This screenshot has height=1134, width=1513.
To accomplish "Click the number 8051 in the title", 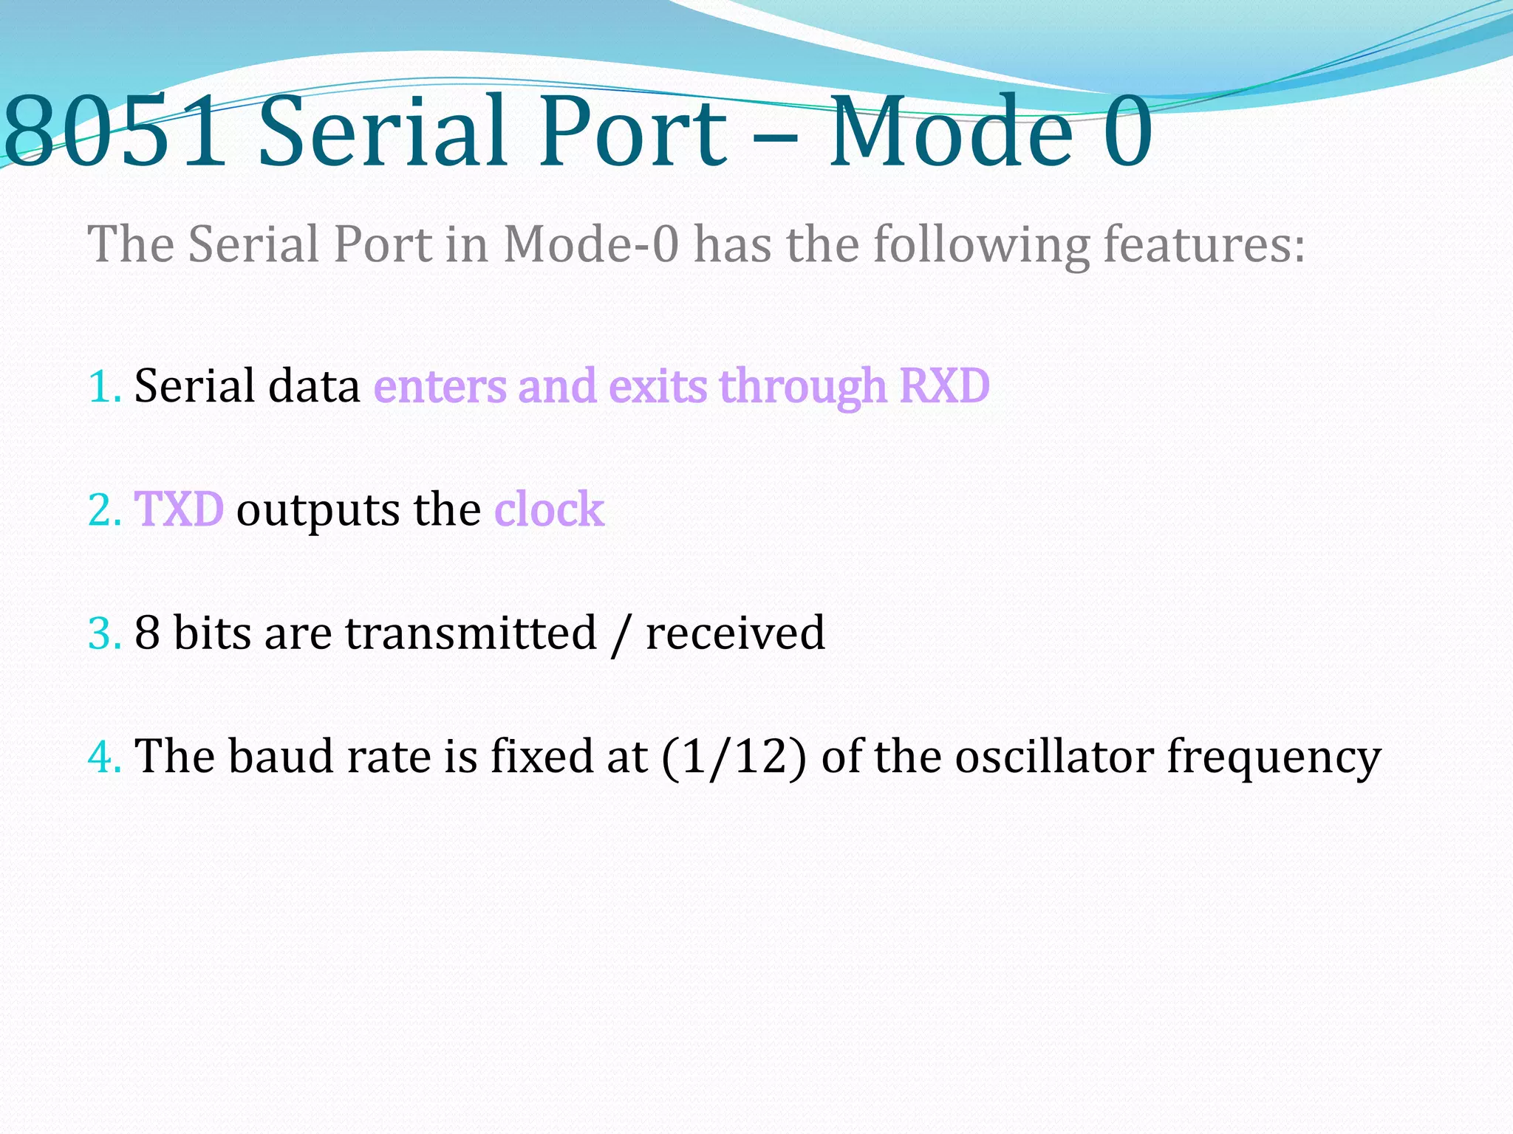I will click(115, 131).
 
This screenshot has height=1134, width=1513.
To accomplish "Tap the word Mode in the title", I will click(950, 131).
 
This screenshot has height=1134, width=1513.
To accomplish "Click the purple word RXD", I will click(944, 386).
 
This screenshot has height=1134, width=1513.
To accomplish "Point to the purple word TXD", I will click(179, 509).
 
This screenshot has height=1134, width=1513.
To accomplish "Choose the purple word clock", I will click(549, 509).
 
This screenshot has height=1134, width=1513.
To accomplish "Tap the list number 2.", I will click(103, 510).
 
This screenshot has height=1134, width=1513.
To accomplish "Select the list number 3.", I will click(103, 633).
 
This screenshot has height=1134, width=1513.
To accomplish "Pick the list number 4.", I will click(103, 757).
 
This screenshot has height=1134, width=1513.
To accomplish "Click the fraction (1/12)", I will click(734, 757).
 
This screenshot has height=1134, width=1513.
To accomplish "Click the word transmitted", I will click(471, 633).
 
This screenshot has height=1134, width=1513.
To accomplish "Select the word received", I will click(735, 633).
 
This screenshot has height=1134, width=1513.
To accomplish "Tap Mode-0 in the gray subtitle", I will click(590, 244).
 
